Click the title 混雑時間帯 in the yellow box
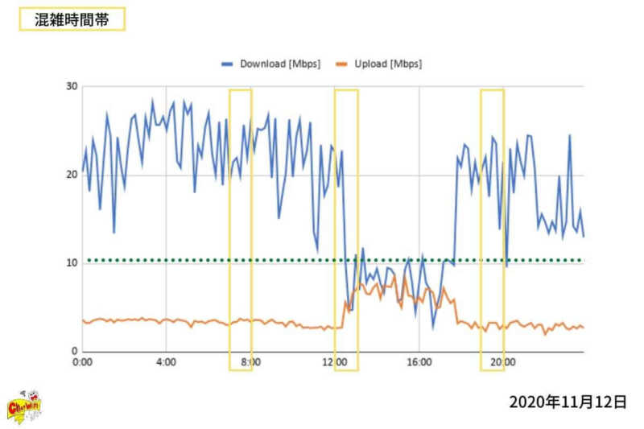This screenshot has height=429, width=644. [71, 20]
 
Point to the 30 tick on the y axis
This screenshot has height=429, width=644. [70, 86]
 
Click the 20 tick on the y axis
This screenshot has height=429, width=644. [70, 175]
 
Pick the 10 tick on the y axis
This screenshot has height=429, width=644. [70, 263]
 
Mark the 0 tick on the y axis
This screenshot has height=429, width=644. [72, 352]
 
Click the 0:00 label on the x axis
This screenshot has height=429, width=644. [82, 363]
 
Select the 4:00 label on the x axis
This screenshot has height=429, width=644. [166, 363]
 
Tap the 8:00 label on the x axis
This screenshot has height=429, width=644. [250, 363]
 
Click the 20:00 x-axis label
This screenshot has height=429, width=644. [503, 363]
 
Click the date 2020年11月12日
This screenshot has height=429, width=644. [567, 402]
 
